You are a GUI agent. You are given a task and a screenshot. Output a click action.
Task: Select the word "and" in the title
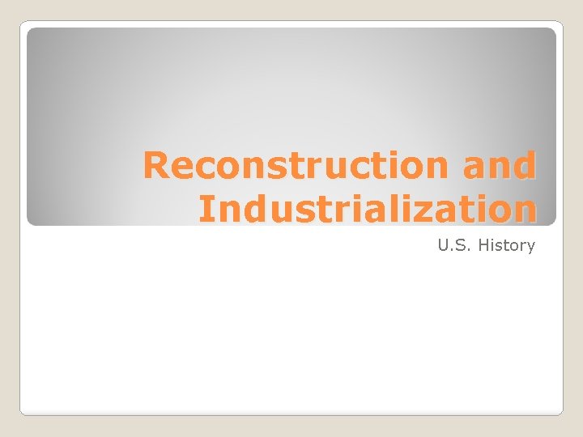(500, 166)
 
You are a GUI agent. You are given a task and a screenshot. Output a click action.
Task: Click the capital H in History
(483, 244)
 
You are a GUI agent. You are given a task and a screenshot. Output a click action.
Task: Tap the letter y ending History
(530, 246)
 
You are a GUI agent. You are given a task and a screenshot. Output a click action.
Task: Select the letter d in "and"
(524, 166)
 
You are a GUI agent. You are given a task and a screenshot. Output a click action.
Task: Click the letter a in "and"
(475, 168)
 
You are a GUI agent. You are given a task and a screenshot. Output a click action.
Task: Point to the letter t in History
(508, 244)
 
